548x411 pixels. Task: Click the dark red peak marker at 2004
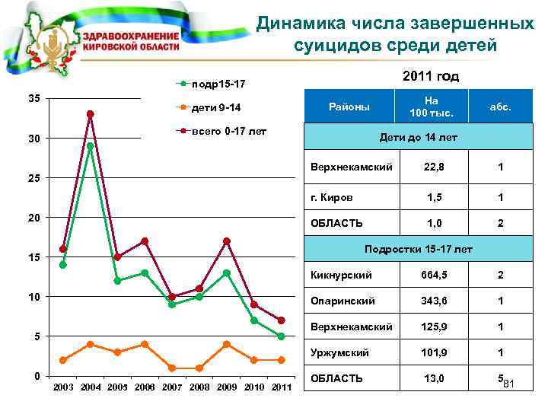90,114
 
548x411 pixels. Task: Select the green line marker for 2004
90,145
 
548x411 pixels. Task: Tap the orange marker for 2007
172,368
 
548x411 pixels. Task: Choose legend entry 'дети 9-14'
216,107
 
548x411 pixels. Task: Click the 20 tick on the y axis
35,218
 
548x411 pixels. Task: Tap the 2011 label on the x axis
282,388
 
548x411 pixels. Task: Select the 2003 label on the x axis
62,388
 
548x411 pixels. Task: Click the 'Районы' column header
349,107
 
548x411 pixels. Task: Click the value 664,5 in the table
431,274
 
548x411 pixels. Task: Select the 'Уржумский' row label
336,352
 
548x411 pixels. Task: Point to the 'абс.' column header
500,107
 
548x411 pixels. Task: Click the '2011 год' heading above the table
430,76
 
